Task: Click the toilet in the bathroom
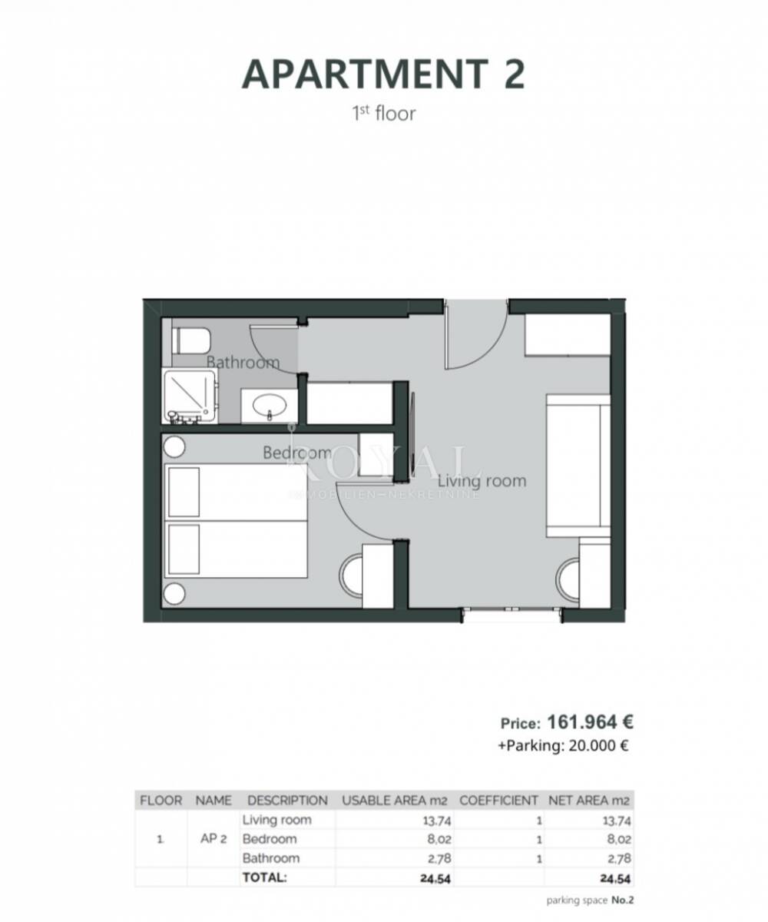[190, 340]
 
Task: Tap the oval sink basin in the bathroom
[270, 404]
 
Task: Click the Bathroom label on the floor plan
[243, 363]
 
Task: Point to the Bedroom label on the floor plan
[297, 453]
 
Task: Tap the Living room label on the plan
[482, 481]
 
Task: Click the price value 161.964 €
[590, 722]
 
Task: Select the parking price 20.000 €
[598, 745]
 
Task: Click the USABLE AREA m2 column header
[395, 801]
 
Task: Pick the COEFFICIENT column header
[498, 801]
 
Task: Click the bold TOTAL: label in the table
[264, 877]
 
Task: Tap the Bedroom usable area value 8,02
[439, 839]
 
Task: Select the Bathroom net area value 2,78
[619, 859]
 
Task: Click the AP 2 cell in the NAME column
[214, 839]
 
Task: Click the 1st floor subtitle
[383, 114]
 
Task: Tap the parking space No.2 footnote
[590, 900]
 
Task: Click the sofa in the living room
[578, 466]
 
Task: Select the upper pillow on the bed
[184, 492]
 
